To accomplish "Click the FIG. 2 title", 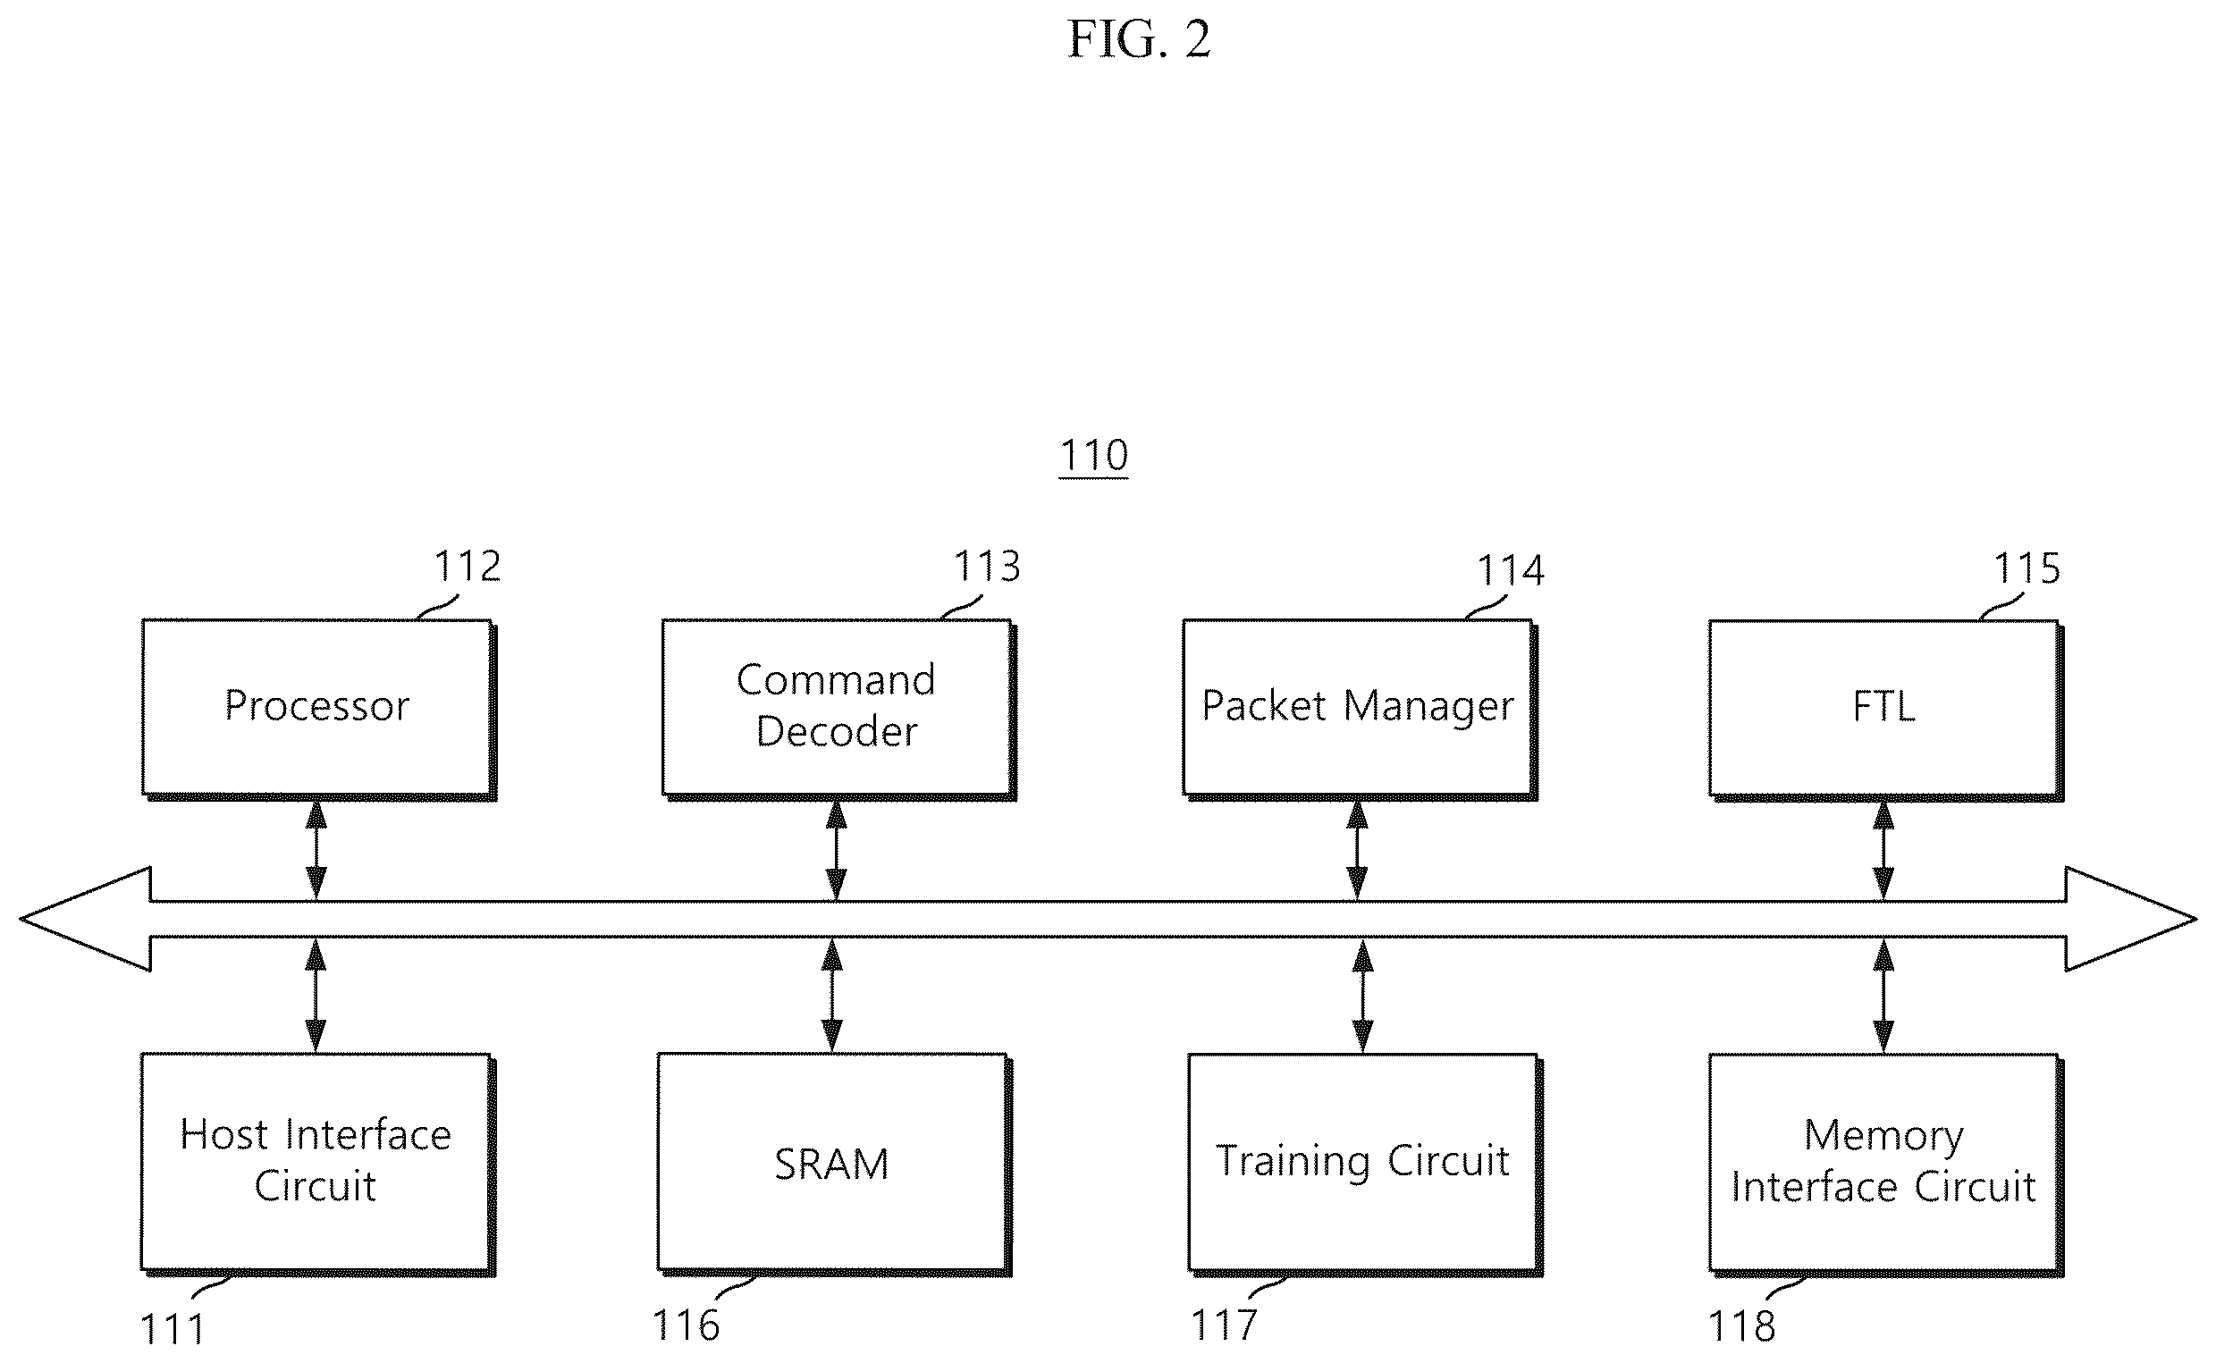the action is (x=1139, y=39).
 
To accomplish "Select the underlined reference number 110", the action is (x=1093, y=455).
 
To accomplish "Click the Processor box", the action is (x=318, y=709).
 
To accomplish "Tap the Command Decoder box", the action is (x=838, y=709).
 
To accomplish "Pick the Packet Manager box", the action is (x=1360, y=709).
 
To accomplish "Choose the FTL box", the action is (x=1885, y=709).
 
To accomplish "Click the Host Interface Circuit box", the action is (x=317, y=1164).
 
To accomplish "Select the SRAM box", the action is (x=834, y=1164).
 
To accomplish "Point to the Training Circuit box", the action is (x=1365, y=1164).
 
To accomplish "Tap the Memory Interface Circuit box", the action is (x=1885, y=1164).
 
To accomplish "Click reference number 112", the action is (x=467, y=567).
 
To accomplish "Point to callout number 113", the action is (x=987, y=567).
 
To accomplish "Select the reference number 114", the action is (x=1510, y=570).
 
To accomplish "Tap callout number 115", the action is (x=2026, y=568).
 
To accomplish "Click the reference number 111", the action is (x=173, y=1330).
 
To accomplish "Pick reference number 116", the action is (x=687, y=1326).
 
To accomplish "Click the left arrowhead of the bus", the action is (x=86, y=919).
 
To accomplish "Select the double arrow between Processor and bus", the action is (x=316, y=849).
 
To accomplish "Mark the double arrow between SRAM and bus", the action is (x=831, y=995).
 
